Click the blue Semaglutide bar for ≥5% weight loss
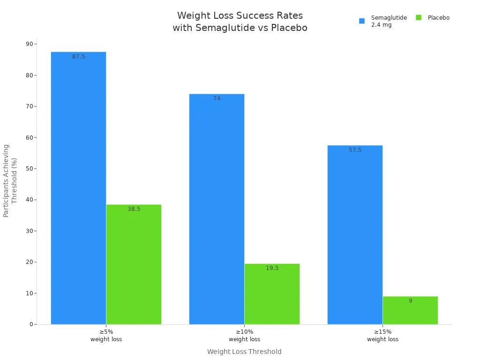click(78, 187)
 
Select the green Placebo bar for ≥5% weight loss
click(134, 264)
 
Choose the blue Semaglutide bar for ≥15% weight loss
click(355, 234)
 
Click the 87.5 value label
click(79, 57)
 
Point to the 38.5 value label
click(134, 209)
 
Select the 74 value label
click(217, 98)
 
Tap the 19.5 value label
click(272, 268)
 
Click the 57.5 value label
click(355, 150)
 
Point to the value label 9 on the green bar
click(410, 301)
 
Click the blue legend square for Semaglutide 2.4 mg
click(362, 21)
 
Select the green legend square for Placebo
click(419, 18)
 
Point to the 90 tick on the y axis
click(30, 44)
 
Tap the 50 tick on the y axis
click(30, 168)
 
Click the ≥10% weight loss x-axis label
click(244, 335)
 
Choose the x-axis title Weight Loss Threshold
click(244, 352)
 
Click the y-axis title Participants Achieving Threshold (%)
click(10, 180)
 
